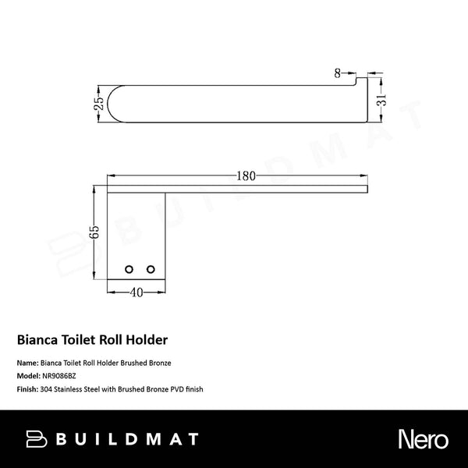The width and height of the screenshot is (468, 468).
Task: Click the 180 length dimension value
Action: (x=246, y=176)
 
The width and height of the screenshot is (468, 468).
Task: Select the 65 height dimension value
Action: (x=94, y=232)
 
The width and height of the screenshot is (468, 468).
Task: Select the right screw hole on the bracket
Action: (x=149, y=269)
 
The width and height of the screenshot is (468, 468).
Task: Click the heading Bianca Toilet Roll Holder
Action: (x=93, y=341)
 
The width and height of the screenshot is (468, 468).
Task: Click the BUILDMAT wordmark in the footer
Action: (x=128, y=440)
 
